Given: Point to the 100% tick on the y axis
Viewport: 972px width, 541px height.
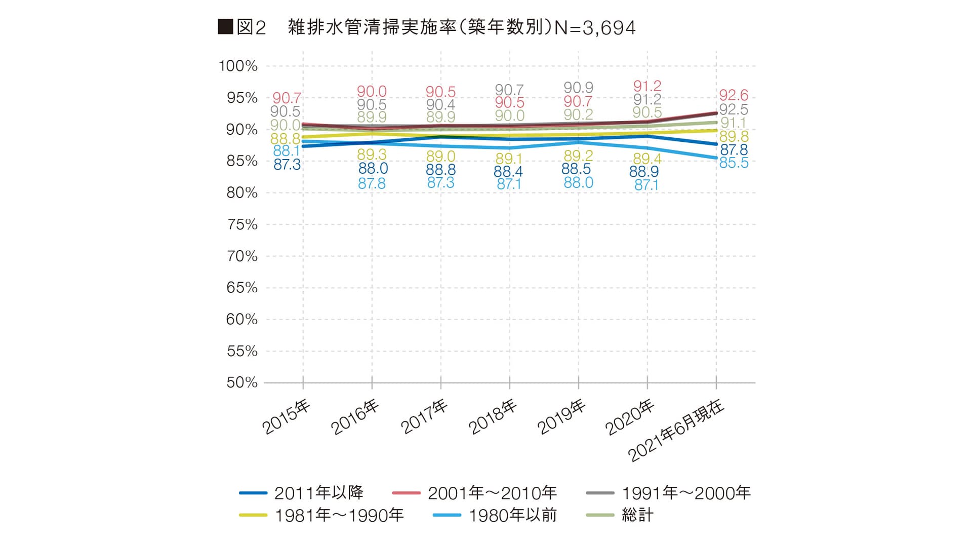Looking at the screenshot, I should click(238, 66).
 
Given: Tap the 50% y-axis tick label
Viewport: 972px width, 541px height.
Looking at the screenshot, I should click(242, 382).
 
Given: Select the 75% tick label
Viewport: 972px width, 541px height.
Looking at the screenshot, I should click(242, 224).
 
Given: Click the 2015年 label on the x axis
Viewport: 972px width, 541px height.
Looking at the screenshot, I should click(287, 417).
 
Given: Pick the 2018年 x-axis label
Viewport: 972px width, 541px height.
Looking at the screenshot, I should click(493, 417).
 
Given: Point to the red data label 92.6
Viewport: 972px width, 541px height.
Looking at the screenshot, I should click(734, 95).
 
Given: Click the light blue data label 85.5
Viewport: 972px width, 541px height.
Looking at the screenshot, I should click(734, 163).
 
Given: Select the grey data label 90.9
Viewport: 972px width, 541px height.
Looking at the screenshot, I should click(578, 88).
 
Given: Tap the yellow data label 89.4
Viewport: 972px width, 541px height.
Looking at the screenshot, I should click(647, 159).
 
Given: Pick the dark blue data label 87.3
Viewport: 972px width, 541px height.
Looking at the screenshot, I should click(287, 165).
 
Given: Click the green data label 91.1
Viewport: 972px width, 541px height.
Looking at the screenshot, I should click(733, 123).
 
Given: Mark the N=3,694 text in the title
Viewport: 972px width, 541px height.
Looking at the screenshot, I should click(595, 27).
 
